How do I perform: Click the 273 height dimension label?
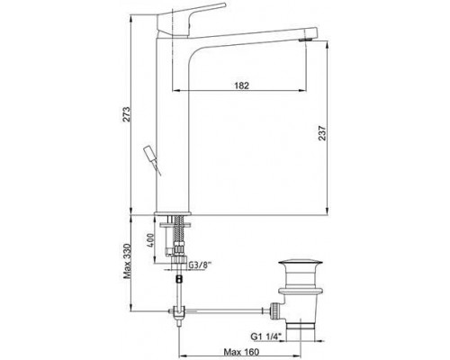[127, 114]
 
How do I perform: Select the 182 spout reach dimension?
[241, 85]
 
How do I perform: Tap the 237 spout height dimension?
[322, 133]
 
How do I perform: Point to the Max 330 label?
[127, 261]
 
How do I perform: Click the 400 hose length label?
[151, 240]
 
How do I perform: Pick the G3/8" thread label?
[200, 265]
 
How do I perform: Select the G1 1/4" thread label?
[267, 337]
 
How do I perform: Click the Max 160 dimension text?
[241, 352]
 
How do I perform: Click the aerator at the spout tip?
[307, 39]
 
